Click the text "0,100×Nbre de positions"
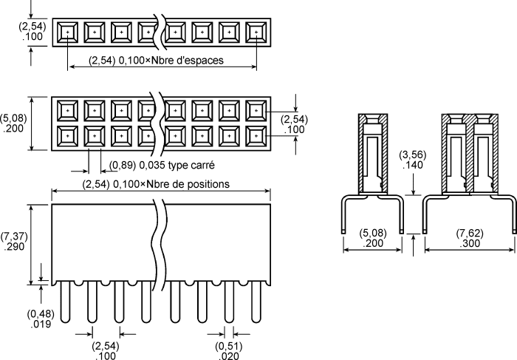[x=171, y=184]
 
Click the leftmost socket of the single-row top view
[x=68, y=33]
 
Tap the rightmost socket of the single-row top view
[x=256, y=33]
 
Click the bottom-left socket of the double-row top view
[x=68, y=136]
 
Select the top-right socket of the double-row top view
[x=256, y=111]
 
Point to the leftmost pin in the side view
[x=65, y=302]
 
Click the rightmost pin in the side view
[x=256, y=302]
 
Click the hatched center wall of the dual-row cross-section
[x=470, y=155]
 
